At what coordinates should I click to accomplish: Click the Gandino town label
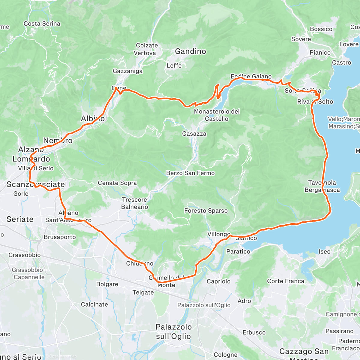190,51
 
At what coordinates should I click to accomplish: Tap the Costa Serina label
42,24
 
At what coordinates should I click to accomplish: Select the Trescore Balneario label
134,203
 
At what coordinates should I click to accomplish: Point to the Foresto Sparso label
206,211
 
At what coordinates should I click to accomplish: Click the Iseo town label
324,252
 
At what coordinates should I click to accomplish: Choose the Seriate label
20,219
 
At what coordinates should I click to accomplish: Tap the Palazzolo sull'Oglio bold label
173,331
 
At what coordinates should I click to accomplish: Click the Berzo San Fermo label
190,173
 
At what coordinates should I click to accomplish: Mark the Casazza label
194,134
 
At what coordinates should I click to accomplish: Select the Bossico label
321,29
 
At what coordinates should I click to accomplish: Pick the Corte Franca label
286,281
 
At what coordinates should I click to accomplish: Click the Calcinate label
94,304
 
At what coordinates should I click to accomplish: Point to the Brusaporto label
60,237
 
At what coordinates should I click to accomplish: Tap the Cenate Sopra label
117,183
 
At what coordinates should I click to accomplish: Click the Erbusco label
254,332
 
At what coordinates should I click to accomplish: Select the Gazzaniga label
127,71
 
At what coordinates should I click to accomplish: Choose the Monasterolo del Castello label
217,115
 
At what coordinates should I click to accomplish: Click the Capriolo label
218,281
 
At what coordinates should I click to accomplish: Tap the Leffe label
174,65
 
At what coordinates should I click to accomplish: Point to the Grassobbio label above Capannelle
25,255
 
